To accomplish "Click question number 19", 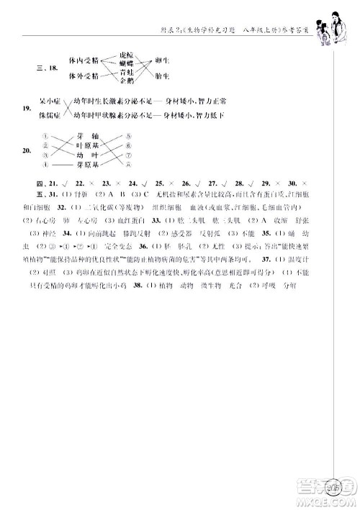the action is (26, 109).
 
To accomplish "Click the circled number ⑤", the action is (127, 137).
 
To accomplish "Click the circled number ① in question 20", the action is (45, 137).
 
